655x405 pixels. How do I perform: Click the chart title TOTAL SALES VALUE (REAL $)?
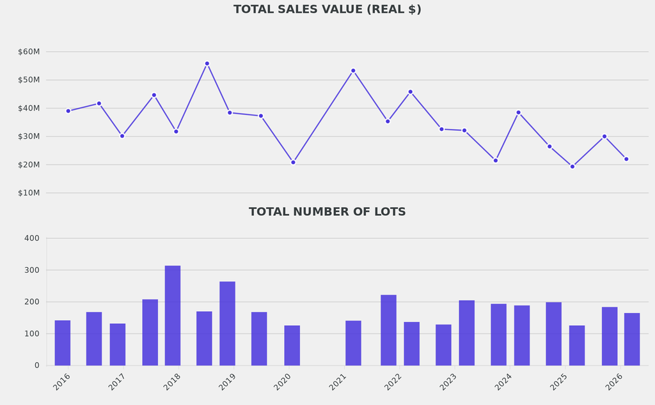click(327, 10)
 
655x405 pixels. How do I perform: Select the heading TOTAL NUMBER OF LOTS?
click(327, 212)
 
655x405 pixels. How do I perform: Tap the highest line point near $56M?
click(207, 64)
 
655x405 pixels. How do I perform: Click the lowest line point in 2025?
click(572, 167)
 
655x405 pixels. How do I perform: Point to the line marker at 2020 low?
click(293, 162)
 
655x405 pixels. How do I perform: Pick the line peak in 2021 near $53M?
click(353, 71)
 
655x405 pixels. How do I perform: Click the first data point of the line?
click(68, 111)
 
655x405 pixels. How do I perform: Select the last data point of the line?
click(626, 159)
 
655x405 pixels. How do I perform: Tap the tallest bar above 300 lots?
click(173, 316)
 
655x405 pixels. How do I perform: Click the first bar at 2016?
click(63, 343)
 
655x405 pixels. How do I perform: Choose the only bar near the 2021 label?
click(353, 343)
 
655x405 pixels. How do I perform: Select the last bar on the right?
click(632, 339)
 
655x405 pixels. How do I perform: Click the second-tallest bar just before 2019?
click(227, 323)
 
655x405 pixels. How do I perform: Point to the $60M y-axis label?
click(29, 52)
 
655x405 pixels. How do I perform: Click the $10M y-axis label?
click(29, 193)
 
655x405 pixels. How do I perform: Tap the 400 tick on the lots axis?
click(32, 238)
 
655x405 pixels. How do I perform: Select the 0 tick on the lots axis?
click(36, 365)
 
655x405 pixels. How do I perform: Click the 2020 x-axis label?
click(283, 382)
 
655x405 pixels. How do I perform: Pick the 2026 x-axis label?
click(614, 382)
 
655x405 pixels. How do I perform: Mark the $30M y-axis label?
click(29, 137)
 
